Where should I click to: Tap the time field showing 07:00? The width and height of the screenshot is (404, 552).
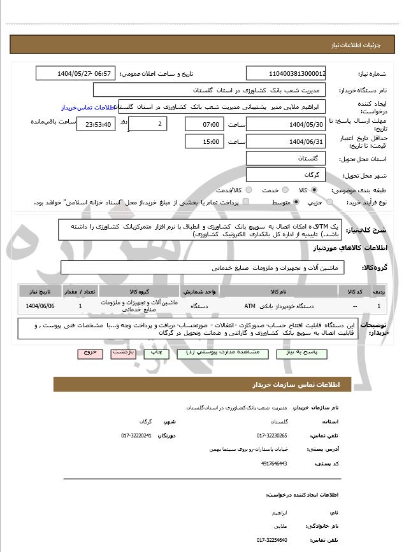(x=205, y=124)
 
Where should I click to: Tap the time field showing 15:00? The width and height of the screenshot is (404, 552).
(x=205, y=141)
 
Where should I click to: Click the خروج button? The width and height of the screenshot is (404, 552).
(x=90, y=352)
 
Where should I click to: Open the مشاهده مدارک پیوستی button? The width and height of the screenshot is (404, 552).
(x=217, y=352)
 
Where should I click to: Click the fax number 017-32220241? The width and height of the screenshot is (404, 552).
(x=136, y=435)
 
